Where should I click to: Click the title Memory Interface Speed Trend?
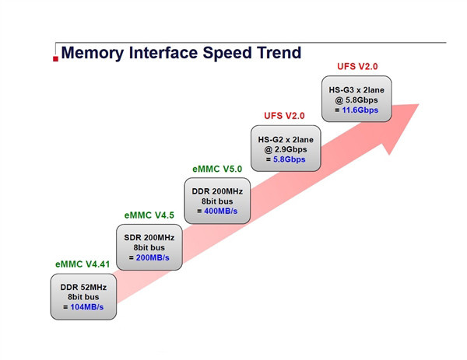click(x=181, y=53)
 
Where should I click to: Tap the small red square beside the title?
click(x=55, y=58)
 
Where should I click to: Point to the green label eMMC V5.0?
click(x=217, y=169)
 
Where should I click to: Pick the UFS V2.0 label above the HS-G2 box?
click(x=284, y=116)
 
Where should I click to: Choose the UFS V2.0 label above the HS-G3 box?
click(x=357, y=67)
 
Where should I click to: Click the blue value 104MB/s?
click(x=87, y=308)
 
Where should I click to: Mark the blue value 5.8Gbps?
click(x=289, y=159)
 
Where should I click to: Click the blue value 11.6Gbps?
click(x=360, y=110)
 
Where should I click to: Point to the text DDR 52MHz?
click(x=83, y=287)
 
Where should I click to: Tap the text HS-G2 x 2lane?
click(x=285, y=138)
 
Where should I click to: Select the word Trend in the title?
click(x=272, y=53)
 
